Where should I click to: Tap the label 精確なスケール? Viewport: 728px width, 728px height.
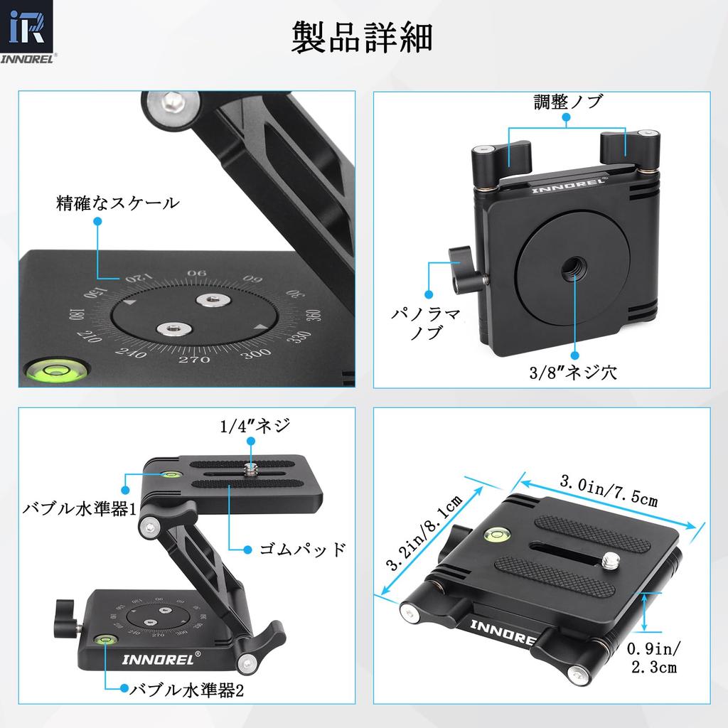[117, 204]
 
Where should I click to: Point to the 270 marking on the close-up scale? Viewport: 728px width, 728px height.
[194, 360]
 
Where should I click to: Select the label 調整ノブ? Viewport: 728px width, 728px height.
[568, 102]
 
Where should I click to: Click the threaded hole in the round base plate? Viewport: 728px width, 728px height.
[572, 269]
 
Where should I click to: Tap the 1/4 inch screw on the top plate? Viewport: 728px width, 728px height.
[251, 469]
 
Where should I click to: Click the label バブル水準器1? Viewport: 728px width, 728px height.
[79, 508]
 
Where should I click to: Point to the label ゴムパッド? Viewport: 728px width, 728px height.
[301, 549]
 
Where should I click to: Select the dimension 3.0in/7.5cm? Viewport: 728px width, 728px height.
[609, 491]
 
